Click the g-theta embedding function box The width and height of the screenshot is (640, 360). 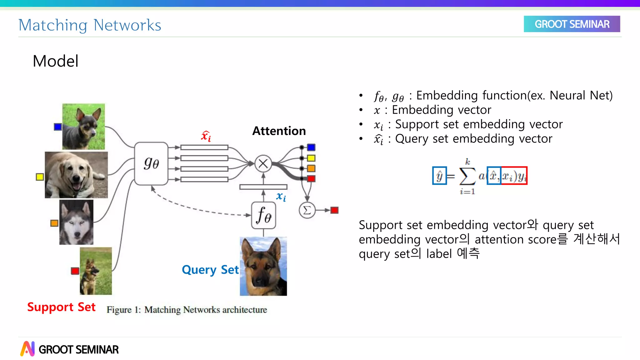coord(151,163)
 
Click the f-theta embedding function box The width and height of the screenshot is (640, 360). coord(263,215)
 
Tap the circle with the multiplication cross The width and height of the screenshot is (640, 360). coord(263,163)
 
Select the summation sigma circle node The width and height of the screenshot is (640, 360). coord(307,210)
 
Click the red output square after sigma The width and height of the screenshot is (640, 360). coord(334,210)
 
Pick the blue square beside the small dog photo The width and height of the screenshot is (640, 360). coord(58,127)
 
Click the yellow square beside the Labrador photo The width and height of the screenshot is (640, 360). coord(40,177)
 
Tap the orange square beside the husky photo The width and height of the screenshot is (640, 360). coord(54,223)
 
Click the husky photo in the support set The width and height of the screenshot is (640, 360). coord(76,222)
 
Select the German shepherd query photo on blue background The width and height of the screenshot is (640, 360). coord(263,266)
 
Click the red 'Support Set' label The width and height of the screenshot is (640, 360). coord(61,307)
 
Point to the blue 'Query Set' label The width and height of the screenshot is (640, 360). coord(210,270)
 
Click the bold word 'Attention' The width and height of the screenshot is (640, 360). coord(279,131)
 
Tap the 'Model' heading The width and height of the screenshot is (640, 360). coord(56,61)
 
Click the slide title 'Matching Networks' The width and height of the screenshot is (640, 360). coord(90,25)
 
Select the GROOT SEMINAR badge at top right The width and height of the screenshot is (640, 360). coord(572,24)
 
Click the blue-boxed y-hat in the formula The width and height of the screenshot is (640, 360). coord(439,176)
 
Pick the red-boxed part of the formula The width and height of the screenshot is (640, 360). coord(514,176)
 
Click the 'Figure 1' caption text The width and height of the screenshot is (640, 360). coord(187,310)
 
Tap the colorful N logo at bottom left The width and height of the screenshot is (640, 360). coord(27,349)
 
